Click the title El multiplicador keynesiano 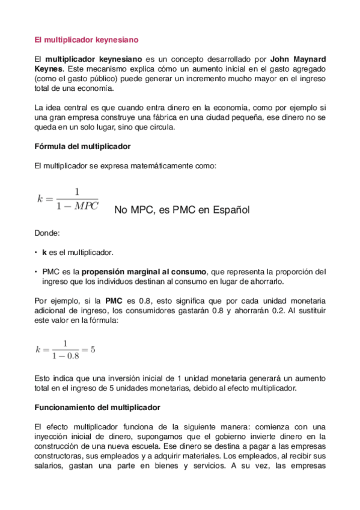click(x=87, y=40)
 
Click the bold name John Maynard click(x=298, y=60)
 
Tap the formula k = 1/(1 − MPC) click(x=67, y=199)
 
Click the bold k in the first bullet click(x=44, y=252)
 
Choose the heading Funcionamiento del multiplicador click(x=97, y=407)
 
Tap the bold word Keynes click(x=49, y=69)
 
